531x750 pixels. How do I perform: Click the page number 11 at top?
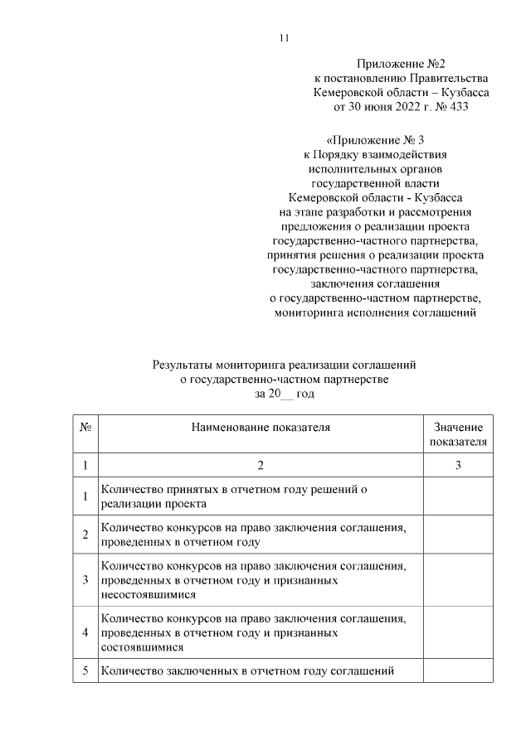283,38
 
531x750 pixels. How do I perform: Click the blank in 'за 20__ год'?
286,394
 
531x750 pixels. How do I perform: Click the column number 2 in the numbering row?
261,466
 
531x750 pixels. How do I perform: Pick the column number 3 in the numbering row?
458,466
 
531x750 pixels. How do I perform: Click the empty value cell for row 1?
458,496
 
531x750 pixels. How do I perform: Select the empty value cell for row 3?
458,580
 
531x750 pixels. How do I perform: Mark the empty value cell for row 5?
458,670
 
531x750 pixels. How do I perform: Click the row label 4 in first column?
85,632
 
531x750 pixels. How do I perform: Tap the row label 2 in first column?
85,535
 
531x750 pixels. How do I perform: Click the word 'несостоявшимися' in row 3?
148,595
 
